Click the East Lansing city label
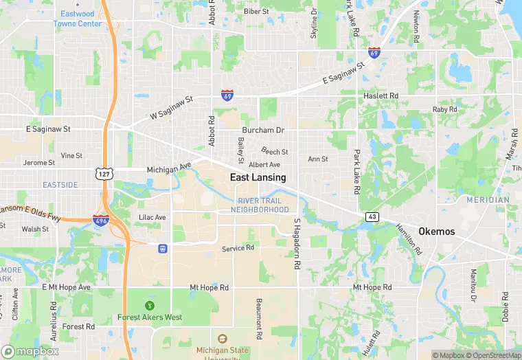click(258, 177)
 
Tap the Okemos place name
click(436, 232)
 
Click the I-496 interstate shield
click(100, 220)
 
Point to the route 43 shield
click(372, 216)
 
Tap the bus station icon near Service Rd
click(163, 248)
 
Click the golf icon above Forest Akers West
click(150, 305)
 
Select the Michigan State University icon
click(222, 338)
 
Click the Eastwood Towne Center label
click(78, 19)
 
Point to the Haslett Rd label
click(381, 95)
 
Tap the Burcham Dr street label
click(262, 130)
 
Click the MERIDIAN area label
click(488, 200)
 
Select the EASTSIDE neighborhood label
click(60, 185)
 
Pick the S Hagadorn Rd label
click(297, 244)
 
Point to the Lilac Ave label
click(152, 217)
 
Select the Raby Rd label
click(444, 110)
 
